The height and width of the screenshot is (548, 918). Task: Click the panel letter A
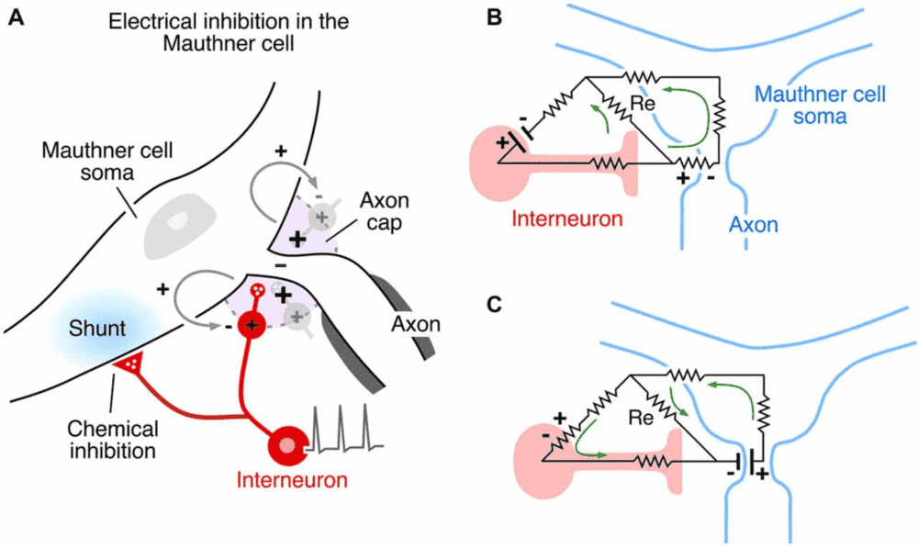pos(16,17)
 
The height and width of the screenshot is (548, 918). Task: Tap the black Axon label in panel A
pos(414,323)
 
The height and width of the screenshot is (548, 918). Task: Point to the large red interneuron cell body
pos(288,444)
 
